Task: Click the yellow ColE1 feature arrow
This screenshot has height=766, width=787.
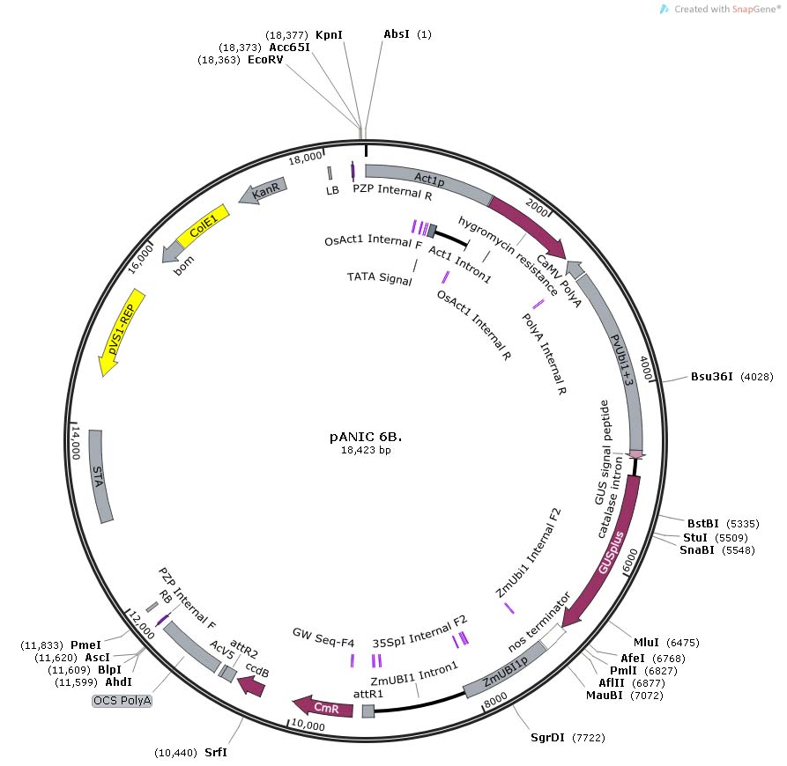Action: click(x=203, y=229)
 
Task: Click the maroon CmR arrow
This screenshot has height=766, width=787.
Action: click(x=323, y=703)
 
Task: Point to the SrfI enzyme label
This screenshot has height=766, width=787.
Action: click(x=215, y=754)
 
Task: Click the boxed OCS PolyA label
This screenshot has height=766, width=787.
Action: click(x=123, y=701)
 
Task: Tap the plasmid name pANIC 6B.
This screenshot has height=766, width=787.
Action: click(x=366, y=435)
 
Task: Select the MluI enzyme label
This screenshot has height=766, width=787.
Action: click(x=647, y=641)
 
